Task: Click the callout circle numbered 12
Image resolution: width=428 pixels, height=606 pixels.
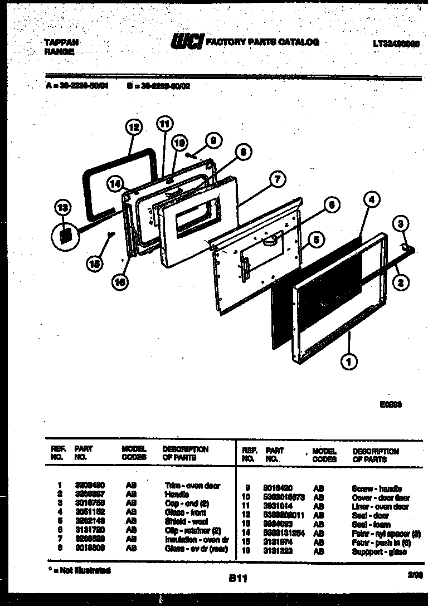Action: pos(133,128)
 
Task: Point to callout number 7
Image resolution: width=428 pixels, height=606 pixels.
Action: pos(278,179)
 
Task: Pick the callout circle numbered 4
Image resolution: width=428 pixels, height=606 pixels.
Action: pos(372,199)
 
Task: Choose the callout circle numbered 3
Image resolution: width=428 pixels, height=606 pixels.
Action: pos(399,224)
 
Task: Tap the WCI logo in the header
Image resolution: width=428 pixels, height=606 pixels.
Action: pos(187,42)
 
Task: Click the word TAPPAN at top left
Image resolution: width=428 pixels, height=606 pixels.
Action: pos(61,42)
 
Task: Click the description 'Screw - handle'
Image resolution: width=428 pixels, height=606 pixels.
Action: pos(377,488)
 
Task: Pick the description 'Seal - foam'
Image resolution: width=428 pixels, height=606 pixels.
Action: pos(371,525)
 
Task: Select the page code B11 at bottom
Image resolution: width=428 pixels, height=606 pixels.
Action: pos(238,579)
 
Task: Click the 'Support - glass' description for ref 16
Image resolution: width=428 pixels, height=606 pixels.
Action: pos(379,551)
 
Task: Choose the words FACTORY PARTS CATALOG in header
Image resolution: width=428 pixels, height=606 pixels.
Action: pos(262,42)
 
